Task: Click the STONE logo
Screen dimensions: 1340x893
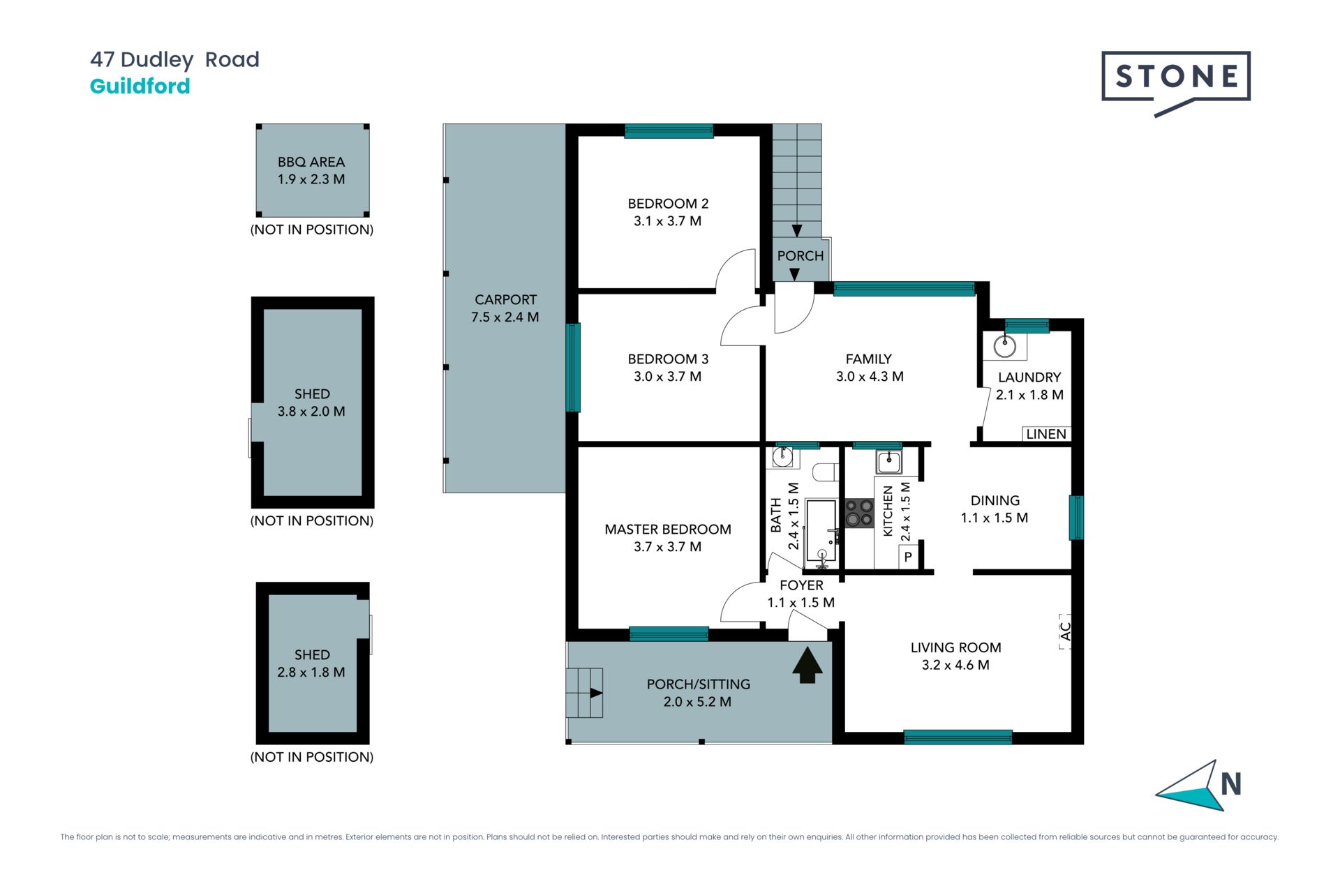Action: click(1176, 83)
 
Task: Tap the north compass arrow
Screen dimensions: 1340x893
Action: click(1190, 786)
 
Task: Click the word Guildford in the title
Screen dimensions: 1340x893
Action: click(140, 86)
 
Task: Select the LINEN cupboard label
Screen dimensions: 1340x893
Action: click(1046, 434)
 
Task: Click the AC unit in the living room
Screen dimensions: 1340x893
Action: click(1065, 631)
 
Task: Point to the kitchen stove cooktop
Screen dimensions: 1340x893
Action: click(859, 512)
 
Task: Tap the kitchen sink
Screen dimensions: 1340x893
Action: click(888, 461)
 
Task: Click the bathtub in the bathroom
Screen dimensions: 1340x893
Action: click(821, 530)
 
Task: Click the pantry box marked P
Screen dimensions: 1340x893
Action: click(907, 557)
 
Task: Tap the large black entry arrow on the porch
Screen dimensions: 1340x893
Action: click(807, 665)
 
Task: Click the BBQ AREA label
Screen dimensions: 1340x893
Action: click(311, 162)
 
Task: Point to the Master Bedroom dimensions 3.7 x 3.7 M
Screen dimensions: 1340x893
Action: click(668, 547)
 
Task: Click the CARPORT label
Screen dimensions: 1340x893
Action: click(505, 300)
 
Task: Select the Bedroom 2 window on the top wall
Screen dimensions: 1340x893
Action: click(669, 131)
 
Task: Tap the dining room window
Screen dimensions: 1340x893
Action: click(1076, 518)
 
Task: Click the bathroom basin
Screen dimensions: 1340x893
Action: click(782, 458)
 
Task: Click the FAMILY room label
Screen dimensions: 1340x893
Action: click(868, 359)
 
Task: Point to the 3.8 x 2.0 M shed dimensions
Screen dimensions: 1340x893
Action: click(311, 412)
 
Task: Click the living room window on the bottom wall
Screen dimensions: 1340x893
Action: click(958, 737)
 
